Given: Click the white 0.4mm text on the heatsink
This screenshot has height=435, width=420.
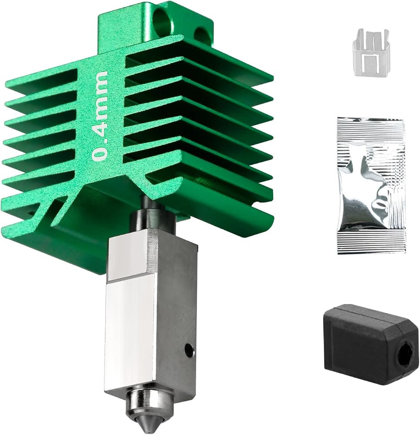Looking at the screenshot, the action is pos(100,116).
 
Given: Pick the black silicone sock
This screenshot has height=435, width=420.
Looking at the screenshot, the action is pos(371,344).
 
